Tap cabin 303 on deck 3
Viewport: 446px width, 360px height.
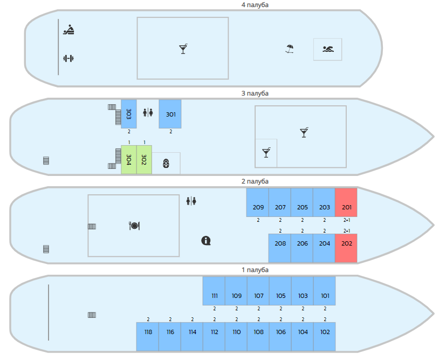(x=129, y=114)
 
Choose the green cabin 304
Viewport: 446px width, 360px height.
(x=129, y=160)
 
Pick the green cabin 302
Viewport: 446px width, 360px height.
(x=144, y=160)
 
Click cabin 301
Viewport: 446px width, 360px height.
(x=170, y=114)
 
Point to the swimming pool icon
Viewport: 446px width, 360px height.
(x=328, y=50)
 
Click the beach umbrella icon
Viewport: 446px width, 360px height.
(x=290, y=49)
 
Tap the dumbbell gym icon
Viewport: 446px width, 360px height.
(x=68, y=58)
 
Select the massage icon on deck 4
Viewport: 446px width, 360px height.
(x=68, y=30)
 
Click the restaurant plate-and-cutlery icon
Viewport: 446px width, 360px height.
(x=134, y=226)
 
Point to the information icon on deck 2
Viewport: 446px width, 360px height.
(x=205, y=241)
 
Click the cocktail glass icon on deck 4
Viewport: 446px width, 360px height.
(x=183, y=49)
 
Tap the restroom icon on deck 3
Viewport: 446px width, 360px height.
(x=148, y=112)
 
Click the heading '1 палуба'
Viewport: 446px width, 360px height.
(x=255, y=269)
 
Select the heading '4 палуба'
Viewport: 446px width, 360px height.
(x=255, y=5)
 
